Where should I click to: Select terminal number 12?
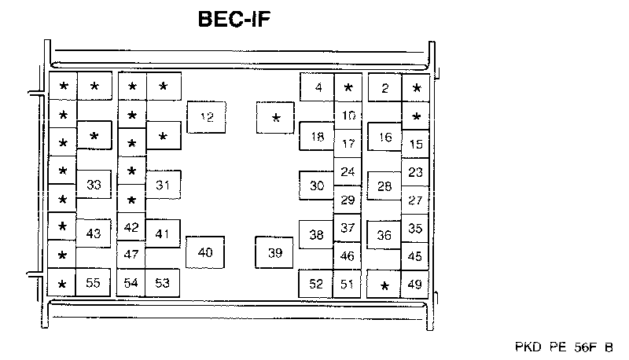point(207,118)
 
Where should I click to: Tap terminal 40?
point(205,252)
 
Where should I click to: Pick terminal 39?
point(274,252)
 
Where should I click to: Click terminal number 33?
point(94,186)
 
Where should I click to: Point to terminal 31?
point(163,186)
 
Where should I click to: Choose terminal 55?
point(93,283)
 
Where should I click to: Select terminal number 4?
point(318,87)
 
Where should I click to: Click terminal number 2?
point(384,87)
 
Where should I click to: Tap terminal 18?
point(317,137)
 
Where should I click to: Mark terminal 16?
point(384,137)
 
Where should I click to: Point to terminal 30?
point(317,186)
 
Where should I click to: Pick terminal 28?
point(384,186)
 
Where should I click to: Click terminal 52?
point(316,284)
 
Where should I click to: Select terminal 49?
point(416,284)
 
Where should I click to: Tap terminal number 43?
point(94,233)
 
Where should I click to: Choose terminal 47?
point(131,255)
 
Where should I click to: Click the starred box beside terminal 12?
point(275,119)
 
